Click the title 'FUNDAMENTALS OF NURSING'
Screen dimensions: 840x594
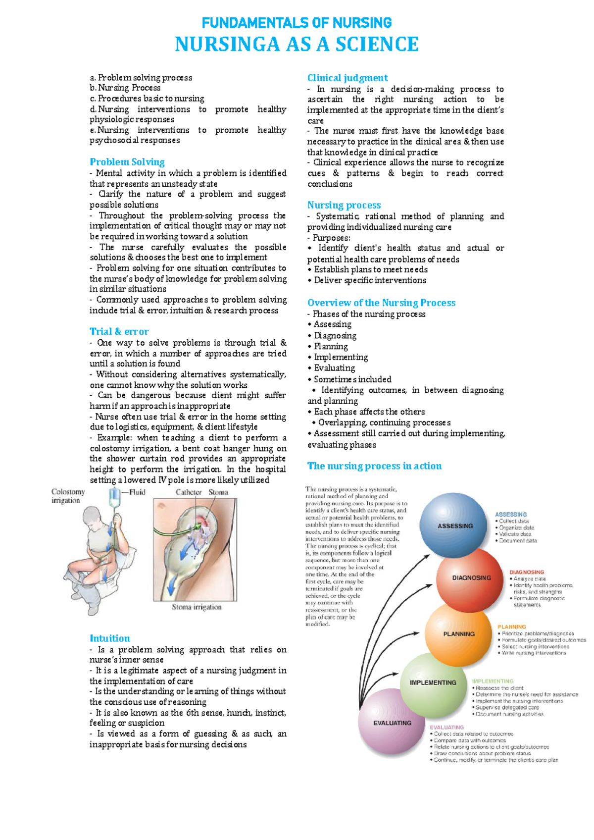[x=297, y=23]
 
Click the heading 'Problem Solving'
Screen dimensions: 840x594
[x=127, y=162]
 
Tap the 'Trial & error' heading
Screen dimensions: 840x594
[x=119, y=331]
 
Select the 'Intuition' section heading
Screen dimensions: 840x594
[x=109, y=638]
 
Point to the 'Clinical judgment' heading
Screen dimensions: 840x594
[x=347, y=78]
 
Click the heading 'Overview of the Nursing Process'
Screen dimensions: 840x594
[x=381, y=303]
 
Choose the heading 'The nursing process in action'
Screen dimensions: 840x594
[x=374, y=466]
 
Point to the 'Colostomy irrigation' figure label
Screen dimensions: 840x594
[x=68, y=496]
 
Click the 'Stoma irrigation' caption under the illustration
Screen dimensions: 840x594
[x=197, y=607]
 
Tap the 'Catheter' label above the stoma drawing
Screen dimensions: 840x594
[x=189, y=492]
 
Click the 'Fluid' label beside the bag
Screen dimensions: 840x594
[x=137, y=492]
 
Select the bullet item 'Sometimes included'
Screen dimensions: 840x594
[x=352, y=379]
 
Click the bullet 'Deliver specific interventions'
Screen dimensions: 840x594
[x=370, y=280]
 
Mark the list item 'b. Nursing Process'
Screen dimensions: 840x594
[x=125, y=88]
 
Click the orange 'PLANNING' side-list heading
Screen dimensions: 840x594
[x=512, y=627]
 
